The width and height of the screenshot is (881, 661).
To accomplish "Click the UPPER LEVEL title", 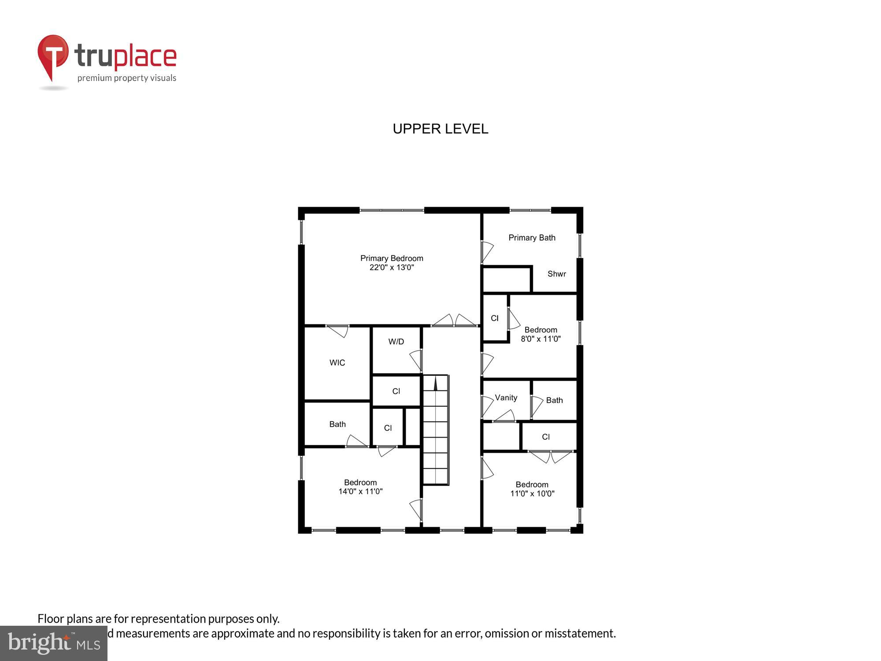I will (440, 129).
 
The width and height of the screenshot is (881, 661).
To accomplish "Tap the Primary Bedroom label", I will (392, 258).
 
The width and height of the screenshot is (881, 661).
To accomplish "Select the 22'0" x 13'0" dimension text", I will (392, 267).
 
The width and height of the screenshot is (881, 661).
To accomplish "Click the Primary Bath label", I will (532, 238).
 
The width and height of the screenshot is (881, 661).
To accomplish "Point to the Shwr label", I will (556, 274).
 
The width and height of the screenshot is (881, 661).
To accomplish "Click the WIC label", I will (337, 363).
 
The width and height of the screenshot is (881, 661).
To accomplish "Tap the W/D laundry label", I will (396, 342).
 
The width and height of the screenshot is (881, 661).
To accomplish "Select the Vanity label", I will (506, 398).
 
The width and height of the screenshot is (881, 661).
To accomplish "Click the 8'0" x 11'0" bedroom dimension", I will (540, 339).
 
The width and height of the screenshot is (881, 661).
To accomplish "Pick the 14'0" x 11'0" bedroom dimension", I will (360, 491).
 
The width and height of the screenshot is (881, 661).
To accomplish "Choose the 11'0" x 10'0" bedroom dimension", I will (532, 494).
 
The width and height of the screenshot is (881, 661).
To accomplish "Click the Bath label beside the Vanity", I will (554, 400).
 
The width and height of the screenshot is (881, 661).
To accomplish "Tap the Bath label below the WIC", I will (337, 424).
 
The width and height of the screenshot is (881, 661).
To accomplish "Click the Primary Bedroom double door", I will (455, 321).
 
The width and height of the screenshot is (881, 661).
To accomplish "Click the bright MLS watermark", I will (54, 643).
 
